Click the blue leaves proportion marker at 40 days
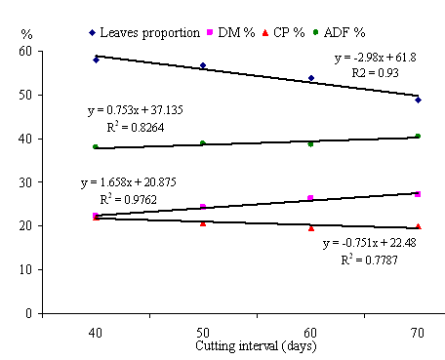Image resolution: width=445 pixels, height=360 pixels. coord(96,60)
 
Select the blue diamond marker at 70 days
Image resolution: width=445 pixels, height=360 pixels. coord(419,100)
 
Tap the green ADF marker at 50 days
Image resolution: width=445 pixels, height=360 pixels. coord(203,143)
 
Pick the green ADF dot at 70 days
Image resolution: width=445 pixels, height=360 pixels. coord(418,136)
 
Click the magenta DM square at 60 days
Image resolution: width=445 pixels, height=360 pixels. coord(310,198)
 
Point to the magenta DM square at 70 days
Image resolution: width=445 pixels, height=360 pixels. coord(418,194)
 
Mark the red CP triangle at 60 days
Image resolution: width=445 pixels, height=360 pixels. coord(311,228)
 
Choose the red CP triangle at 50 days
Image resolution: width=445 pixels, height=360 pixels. coord(203,223)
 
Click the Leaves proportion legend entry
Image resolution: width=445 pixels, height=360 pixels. coord(144,33)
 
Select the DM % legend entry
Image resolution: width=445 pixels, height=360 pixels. coord(231,32)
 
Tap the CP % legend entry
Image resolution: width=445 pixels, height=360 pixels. coord(284,32)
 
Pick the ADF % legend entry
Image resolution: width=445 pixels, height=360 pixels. coord(339,32)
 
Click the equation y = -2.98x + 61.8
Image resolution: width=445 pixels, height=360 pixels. coord(376,58)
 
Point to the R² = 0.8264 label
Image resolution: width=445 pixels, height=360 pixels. coord(136,127)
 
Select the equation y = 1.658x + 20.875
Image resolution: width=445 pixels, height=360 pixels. coord(129,182)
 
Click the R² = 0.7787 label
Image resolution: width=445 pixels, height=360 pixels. coord(370,260)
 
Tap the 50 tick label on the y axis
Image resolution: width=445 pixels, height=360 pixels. coord(25,96)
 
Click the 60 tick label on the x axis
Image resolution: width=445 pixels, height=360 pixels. coord(310,333)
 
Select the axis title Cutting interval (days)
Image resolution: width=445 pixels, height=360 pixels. coord(256,346)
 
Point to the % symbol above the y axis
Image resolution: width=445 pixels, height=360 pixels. coord(26,34)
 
